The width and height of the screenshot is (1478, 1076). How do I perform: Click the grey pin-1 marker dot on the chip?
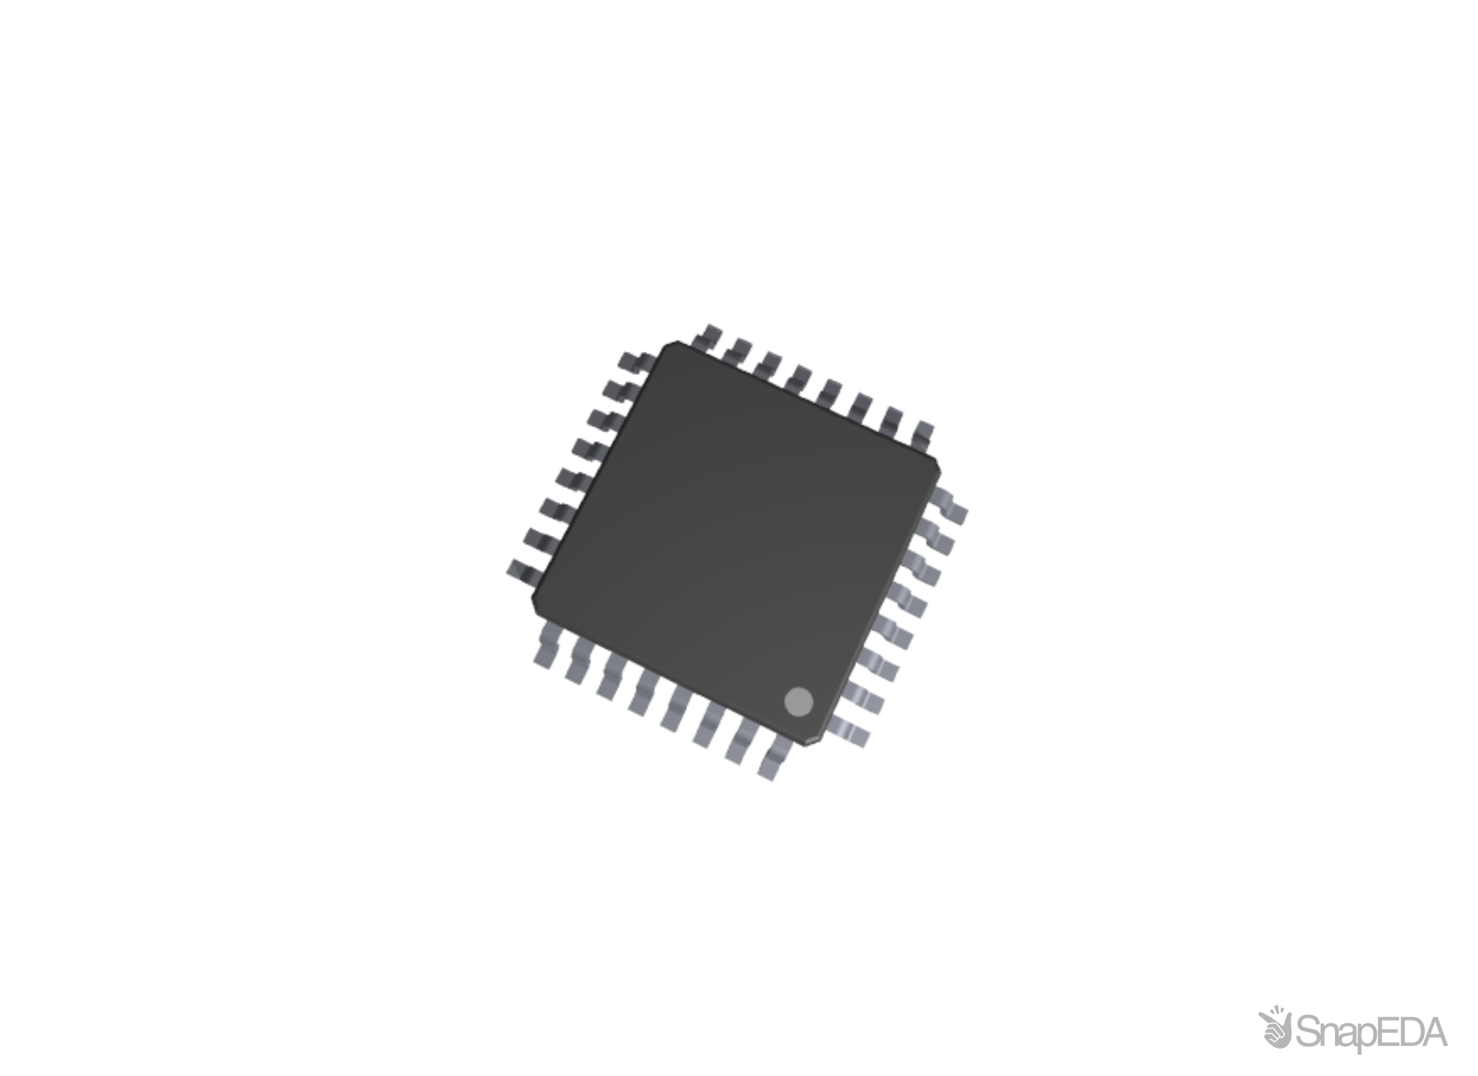(x=799, y=702)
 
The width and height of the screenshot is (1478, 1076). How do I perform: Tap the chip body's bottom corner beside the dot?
(x=807, y=745)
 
